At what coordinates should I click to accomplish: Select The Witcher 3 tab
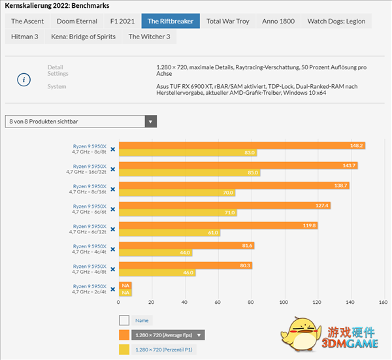149,37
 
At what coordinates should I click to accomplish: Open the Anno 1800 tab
278,21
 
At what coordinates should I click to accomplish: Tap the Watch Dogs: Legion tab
336,21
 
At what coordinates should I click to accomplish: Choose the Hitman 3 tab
25,37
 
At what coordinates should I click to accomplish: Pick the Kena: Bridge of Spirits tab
83,37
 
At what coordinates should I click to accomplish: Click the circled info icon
24,80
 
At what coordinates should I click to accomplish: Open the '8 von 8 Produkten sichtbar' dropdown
81,121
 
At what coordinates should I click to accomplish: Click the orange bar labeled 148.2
241,145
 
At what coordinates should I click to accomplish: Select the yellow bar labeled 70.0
176,193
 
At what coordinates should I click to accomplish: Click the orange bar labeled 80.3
185,265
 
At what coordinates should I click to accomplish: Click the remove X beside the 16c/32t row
112,169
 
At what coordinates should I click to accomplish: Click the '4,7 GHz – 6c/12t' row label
90,232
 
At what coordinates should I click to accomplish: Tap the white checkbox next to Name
124,320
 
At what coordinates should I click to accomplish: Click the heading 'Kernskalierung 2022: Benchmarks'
57,5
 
